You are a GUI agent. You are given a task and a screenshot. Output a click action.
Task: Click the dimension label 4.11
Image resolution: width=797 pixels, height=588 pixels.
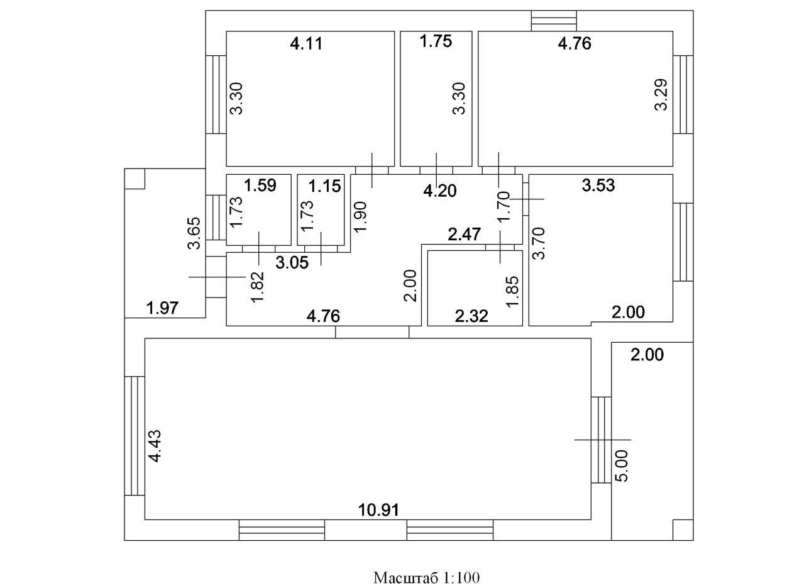point(306,44)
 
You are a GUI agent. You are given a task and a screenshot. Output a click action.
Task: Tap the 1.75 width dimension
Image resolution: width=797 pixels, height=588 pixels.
point(436,42)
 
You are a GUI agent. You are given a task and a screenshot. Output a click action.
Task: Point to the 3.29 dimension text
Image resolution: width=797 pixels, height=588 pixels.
point(661,95)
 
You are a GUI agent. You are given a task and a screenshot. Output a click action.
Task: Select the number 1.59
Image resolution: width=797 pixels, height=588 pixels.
point(260,186)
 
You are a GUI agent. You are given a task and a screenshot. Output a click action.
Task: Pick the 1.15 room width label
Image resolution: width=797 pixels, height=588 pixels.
point(324,186)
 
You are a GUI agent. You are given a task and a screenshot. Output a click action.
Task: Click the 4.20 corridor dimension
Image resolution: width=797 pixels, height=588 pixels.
point(440,191)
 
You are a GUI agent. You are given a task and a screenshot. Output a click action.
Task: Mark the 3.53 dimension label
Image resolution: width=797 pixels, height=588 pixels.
point(598,186)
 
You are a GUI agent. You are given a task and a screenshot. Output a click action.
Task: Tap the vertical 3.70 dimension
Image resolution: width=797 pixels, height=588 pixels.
point(539,243)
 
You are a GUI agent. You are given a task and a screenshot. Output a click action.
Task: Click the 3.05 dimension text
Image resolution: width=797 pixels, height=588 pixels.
point(293,263)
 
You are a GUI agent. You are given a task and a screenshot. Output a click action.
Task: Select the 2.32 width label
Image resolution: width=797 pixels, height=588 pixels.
point(471,316)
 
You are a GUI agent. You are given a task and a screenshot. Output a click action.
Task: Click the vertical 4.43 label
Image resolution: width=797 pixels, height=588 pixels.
point(155,446)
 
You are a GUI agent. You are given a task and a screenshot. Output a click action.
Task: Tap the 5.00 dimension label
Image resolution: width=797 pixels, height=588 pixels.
point(621,465)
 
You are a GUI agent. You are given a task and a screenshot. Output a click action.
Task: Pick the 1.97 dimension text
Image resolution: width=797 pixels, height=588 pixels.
point(163,308)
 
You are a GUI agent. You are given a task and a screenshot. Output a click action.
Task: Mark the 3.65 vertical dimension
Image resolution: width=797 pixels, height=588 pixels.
point(194,233)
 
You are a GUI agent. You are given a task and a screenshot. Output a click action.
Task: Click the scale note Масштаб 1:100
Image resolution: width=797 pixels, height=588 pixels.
point(427,577)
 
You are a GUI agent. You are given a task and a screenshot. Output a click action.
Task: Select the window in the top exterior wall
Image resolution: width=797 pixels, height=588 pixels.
point(554,21)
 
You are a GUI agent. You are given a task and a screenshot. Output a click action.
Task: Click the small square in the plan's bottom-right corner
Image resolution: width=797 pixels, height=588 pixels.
point(683,530)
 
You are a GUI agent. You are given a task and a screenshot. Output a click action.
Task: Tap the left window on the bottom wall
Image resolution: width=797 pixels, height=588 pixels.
point(282,530)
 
